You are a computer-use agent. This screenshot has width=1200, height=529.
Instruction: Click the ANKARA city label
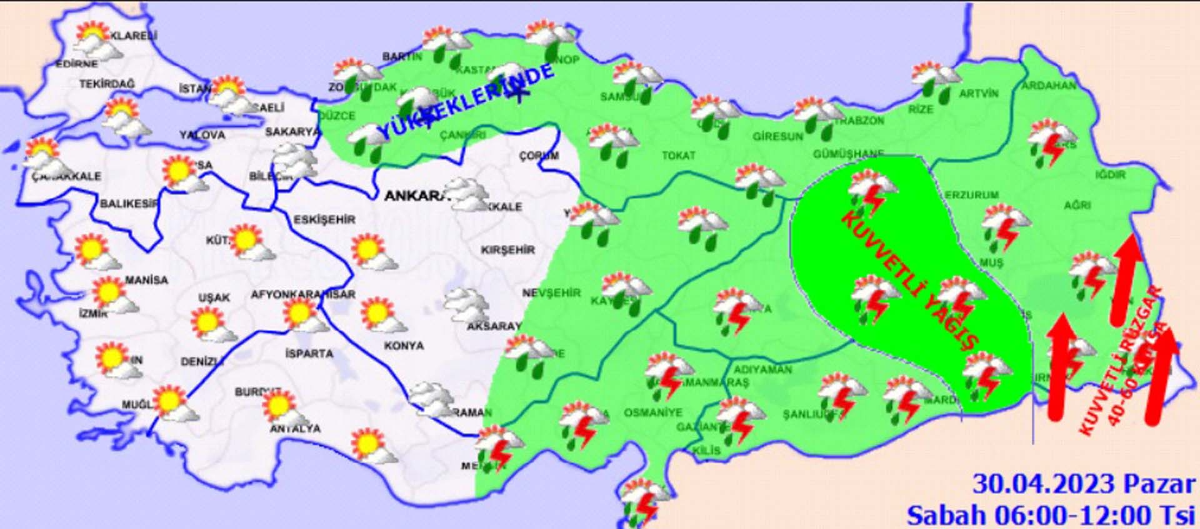[x=415, y=196]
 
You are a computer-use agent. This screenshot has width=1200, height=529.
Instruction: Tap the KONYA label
[x=404, y=345]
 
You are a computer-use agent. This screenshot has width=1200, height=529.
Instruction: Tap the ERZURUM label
[x=972, y=195]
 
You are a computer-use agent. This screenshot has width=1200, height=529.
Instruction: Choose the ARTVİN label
[x=979, y=94]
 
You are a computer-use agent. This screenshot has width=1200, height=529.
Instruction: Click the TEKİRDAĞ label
[x=106, y=84]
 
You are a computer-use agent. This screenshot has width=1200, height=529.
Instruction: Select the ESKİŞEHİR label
[x=324, y=219]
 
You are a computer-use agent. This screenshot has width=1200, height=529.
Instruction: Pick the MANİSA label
[x=146, y=280]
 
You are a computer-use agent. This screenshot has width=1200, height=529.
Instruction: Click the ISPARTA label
[x=309, y=353]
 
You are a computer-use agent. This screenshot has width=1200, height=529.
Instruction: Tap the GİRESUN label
[x=777, y=136]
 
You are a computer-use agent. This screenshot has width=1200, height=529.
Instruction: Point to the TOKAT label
[x=679, y=155]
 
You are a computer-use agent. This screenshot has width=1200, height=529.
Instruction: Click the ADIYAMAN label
[x=762, y=370]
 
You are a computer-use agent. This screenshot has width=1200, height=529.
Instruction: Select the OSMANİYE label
[x=653, y=413]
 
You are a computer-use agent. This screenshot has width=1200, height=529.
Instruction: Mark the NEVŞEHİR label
[x=551, y=293]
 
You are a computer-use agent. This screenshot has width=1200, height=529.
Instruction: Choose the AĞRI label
[x=1077, y=204]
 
